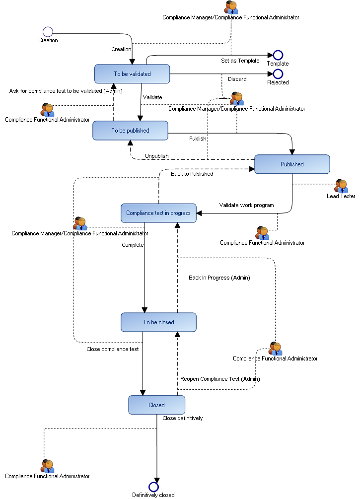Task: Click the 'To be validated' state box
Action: point(132,74)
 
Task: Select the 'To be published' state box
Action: point(130,131)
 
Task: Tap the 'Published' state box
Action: point(292,164)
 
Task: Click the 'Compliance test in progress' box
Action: point(158,213)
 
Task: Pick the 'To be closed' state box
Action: point(158,322)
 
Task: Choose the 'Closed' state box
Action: point(156,405)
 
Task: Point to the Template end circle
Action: point(278,55)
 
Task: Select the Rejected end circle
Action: point(278,74)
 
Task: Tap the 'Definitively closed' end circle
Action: point(153,487)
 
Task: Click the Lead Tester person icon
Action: point(341,186)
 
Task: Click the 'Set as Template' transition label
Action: point(240,61)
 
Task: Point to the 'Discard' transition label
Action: point(237,79)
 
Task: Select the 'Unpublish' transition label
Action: point(156,156)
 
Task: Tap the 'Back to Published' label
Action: point(192,174)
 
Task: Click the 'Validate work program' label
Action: point(246,205)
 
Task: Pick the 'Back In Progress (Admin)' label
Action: point(219,278)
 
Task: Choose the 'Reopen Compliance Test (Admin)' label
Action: point(219,379)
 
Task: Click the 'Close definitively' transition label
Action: point(182,418)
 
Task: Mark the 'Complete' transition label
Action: point(133,245)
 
